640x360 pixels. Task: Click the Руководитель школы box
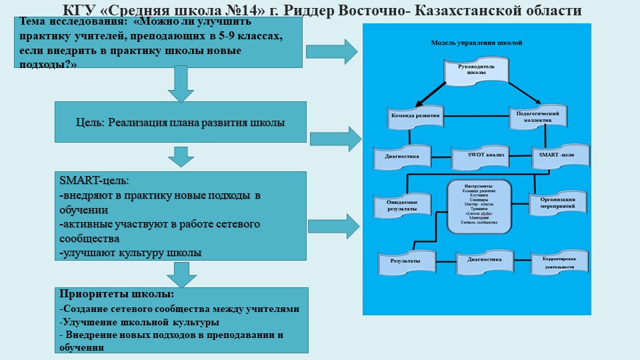(x=477, y=72)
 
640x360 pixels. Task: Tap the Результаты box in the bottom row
(x=405, y=261)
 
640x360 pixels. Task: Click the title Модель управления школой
(x=477, y=42)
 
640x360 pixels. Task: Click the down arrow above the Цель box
(x=181, y=84)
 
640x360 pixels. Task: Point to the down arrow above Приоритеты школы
(x=181, y=274)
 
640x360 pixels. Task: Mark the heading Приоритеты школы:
(x=117, y=294)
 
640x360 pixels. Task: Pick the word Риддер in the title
(x=292, y=10)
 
